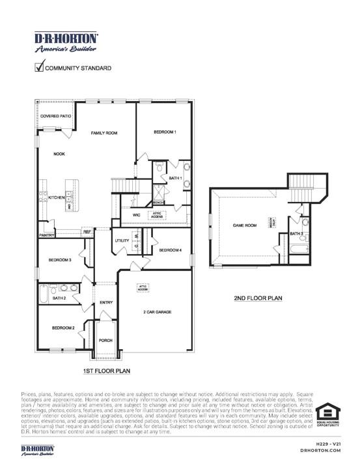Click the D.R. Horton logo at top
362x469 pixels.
coord(66,42)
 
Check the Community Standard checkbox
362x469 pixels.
coord(39,66)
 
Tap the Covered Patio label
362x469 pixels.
coord(55,116)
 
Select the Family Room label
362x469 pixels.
coord(104,133)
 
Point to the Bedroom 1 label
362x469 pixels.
coord(165,132)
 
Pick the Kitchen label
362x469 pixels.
coord(56,197)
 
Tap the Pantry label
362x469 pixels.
coord(46,234)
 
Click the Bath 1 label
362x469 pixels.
coord(174,178)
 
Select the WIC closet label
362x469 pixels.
coord(137,214)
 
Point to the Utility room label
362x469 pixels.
coord(122,241)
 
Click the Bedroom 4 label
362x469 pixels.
coord(170,250)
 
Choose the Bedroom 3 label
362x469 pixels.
coord(60,261)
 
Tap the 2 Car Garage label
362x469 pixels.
coord(157,313)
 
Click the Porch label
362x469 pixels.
coord(105,341)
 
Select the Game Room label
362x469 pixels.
coord(245,225)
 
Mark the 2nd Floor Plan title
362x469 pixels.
coord(258,298)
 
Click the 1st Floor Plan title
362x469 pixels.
coord(106,371)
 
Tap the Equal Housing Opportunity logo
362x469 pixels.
coord(328,416)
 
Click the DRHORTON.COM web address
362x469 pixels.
coord(321,450)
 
